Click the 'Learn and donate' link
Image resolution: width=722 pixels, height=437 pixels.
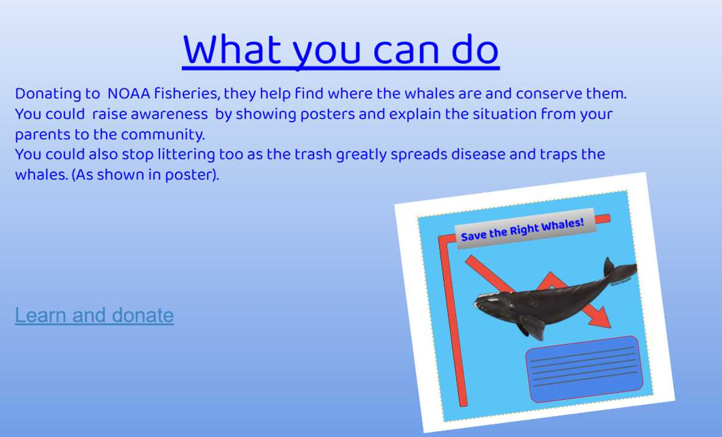[x=94, y=315]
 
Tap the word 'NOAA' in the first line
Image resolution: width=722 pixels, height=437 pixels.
[x=129, y=94]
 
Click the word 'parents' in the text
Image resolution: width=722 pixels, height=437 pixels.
[x=43, y=135]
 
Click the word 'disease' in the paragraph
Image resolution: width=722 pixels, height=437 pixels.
[x=478, y=154]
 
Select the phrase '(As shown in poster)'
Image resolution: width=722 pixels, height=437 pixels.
[x=145, y=175]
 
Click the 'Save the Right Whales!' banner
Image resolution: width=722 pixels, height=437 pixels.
[x=525, y=228]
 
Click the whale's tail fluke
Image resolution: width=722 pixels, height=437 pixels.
[x=620, y=269]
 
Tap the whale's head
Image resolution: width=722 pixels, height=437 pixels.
[x=493, y=303]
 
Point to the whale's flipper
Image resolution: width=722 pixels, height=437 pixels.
[x=532, y=327]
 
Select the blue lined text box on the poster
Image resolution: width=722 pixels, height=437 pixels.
[x=584, y=369]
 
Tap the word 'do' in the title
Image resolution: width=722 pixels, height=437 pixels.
[x=475, y=50]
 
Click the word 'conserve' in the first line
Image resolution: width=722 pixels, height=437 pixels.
[x=549, y=94]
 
